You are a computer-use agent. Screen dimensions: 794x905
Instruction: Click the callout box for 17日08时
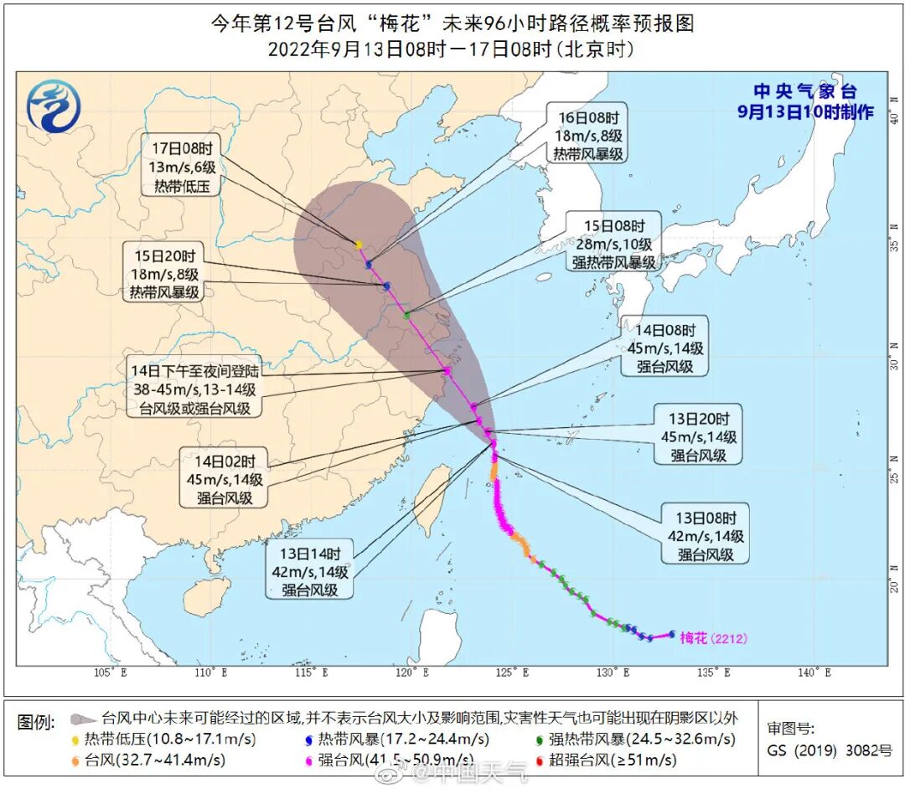(181, 163)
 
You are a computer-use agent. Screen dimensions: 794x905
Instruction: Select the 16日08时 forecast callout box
(587, 136)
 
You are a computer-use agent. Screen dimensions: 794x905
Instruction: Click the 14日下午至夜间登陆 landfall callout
(193, 389)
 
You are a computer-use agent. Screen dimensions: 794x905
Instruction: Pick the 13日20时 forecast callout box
(697, 436)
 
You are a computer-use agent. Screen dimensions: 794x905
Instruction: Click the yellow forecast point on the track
(359, 245)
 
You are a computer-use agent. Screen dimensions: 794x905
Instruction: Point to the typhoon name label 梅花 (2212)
(712, 638)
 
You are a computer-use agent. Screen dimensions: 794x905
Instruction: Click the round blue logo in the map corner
(53, 106)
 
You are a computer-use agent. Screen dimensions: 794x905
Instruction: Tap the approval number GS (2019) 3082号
(830, 750)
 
